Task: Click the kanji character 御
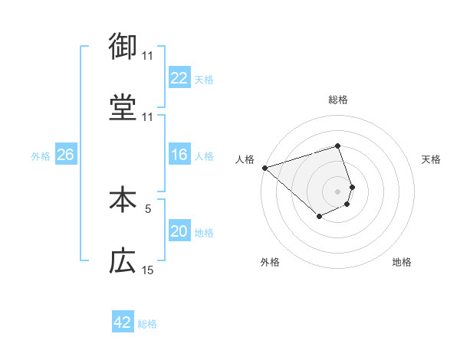click(123, 47)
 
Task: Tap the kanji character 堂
click(123, 108)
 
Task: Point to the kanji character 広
click(123, 261)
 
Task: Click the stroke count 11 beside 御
click(147, 56)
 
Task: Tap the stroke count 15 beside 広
click(148, 270)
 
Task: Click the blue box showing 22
click(179, 78)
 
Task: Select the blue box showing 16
click(179, 155)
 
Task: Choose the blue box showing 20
click(179, 232)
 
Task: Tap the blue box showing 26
click(65, 155)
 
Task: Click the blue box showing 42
click(122, 322)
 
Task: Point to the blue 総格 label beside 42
click(147, 324)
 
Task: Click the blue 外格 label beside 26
click(41, 156)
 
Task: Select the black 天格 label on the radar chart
click(432, 159)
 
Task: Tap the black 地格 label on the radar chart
click(402, 262)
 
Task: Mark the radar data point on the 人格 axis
click(264, 167)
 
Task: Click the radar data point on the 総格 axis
click(338, 146)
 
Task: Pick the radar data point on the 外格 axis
click(319, 217)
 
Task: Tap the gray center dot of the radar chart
click(338, 191)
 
